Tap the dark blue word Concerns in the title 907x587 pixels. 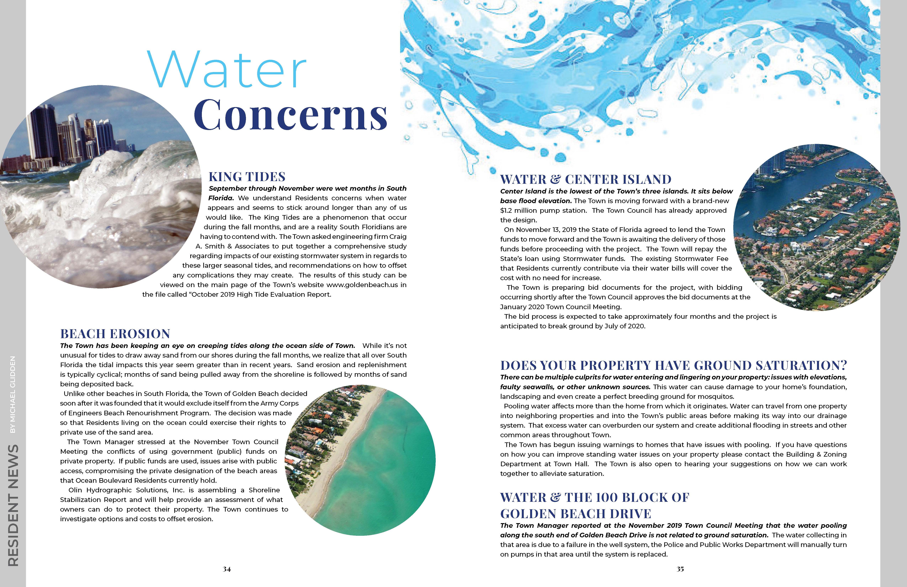coord(291,114)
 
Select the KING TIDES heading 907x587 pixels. coord(247,177)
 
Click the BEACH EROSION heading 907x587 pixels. coord(115,334)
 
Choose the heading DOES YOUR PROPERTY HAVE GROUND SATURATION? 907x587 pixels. coord(673,366)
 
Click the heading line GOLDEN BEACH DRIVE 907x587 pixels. coord(576,514)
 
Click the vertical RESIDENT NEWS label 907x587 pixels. coord(13,505)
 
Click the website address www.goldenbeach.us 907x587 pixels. coord(362,285)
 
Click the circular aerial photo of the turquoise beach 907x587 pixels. coord(362,459)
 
